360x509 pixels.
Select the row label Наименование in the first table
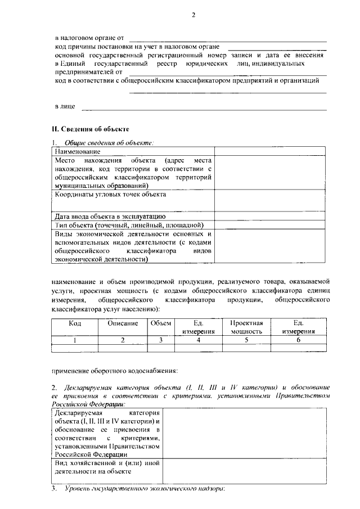coord(78,152)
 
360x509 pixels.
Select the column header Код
coord(75,323)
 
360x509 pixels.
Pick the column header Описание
coord(123,323)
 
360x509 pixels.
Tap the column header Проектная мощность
coord(247,327)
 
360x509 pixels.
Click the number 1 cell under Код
coord(75,340)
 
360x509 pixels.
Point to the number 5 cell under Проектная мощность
coord(247,340)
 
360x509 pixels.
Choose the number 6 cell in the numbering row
coord(298,340)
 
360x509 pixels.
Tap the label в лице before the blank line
coord(65,106)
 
